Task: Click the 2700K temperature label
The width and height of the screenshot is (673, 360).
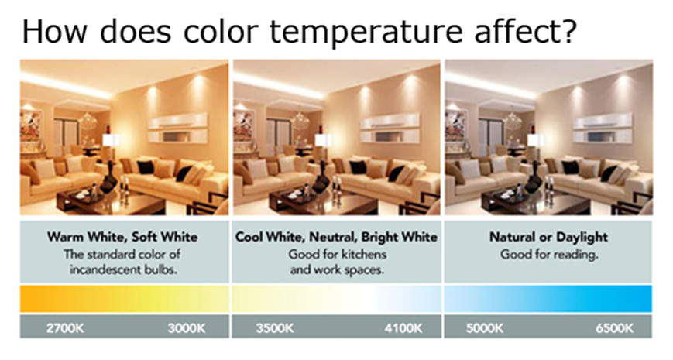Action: coord(65,329)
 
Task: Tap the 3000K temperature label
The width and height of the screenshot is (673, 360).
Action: coord(187,329)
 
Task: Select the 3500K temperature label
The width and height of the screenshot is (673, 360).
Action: coord(275,329)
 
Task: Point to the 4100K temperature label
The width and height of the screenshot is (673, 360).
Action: coord(403,329)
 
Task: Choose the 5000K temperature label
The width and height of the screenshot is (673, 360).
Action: coord(485,329)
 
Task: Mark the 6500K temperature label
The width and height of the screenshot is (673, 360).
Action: coord(614,329)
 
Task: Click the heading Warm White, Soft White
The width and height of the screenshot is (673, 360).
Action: coord(122,237)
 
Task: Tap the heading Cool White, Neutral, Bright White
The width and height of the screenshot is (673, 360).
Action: coord(336,237)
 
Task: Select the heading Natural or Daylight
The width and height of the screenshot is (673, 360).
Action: coord(548,237)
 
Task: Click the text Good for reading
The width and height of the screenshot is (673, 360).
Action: coord(549,255)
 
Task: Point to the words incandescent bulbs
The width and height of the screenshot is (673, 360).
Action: coord(124,270)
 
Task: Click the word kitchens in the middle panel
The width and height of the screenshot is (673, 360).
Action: coord(362,255)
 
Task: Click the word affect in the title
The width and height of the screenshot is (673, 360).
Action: coord(518,31)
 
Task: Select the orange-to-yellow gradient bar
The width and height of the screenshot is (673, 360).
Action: coord(125,298)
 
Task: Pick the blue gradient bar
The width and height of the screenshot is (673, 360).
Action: coord(548,298)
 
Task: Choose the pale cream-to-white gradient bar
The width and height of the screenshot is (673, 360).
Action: coord(336,298)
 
